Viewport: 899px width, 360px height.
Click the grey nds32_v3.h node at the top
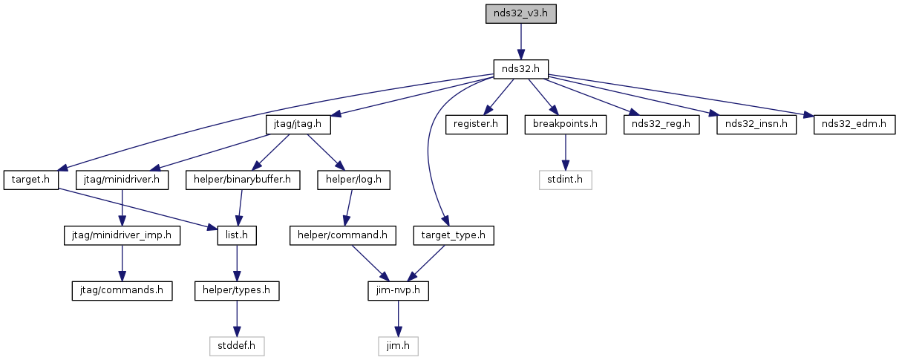pos(520,13)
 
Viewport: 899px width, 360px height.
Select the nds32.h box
pos(520,69)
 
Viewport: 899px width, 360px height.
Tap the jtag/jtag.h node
pos(298,125)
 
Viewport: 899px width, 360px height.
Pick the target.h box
pos(31,180)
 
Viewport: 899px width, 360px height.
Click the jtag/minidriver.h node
pos(122,180)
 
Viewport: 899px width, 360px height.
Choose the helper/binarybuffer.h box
pos(243,180)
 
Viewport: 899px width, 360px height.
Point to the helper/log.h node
pos(353,180)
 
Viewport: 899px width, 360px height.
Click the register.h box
pos(476,125)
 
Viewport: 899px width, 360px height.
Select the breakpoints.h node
pos(565,125)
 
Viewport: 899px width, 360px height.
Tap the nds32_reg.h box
pos(661,125)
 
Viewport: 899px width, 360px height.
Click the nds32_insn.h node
pos(756,125)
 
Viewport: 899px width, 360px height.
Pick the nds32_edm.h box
pos(854,125)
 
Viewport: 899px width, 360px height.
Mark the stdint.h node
pos(565,180)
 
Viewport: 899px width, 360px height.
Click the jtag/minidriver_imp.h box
pos(122,235)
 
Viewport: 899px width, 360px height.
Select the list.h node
pos(237,235)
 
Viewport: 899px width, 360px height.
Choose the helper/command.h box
pos(343,235)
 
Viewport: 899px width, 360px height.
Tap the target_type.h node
pos(454,235)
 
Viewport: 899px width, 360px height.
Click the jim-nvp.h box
pos(398,290)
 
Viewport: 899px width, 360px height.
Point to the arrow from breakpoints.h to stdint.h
pos(565,152)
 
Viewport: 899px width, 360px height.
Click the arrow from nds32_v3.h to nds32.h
pos(520,42)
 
